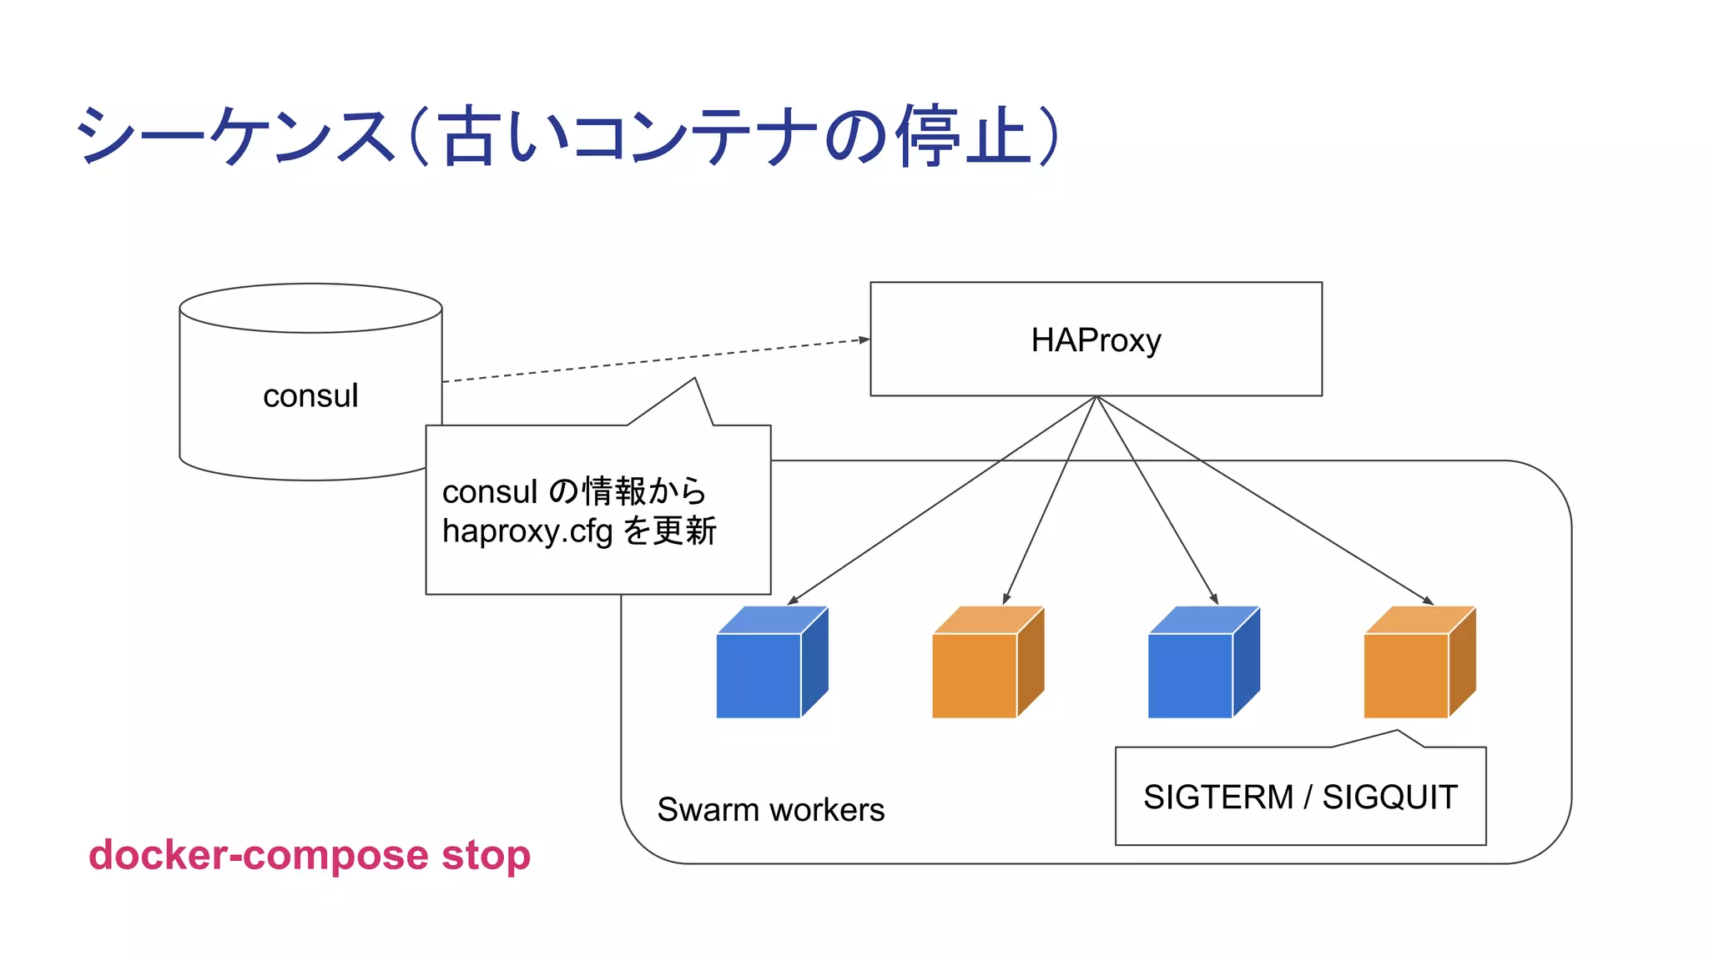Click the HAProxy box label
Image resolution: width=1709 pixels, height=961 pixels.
click(1096, 340)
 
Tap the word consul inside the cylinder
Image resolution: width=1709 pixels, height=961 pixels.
click(310, 395)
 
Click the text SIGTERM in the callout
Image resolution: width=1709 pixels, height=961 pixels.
click(1217, 797)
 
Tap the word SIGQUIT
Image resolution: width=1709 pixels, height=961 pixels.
click(1389, 797)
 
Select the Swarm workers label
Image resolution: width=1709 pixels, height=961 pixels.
click(770, 810)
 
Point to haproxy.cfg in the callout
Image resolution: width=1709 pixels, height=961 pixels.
click(527, 531)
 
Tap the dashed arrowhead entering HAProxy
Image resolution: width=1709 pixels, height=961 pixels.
click(865, 340)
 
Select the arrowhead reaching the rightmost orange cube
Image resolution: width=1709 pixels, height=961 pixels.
click(1429, 601)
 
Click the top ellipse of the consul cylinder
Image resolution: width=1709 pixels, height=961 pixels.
click(310, 308)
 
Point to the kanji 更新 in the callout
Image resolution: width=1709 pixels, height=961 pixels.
click(684, 531)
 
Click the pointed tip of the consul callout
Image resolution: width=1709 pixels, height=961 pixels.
click(694, 380)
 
